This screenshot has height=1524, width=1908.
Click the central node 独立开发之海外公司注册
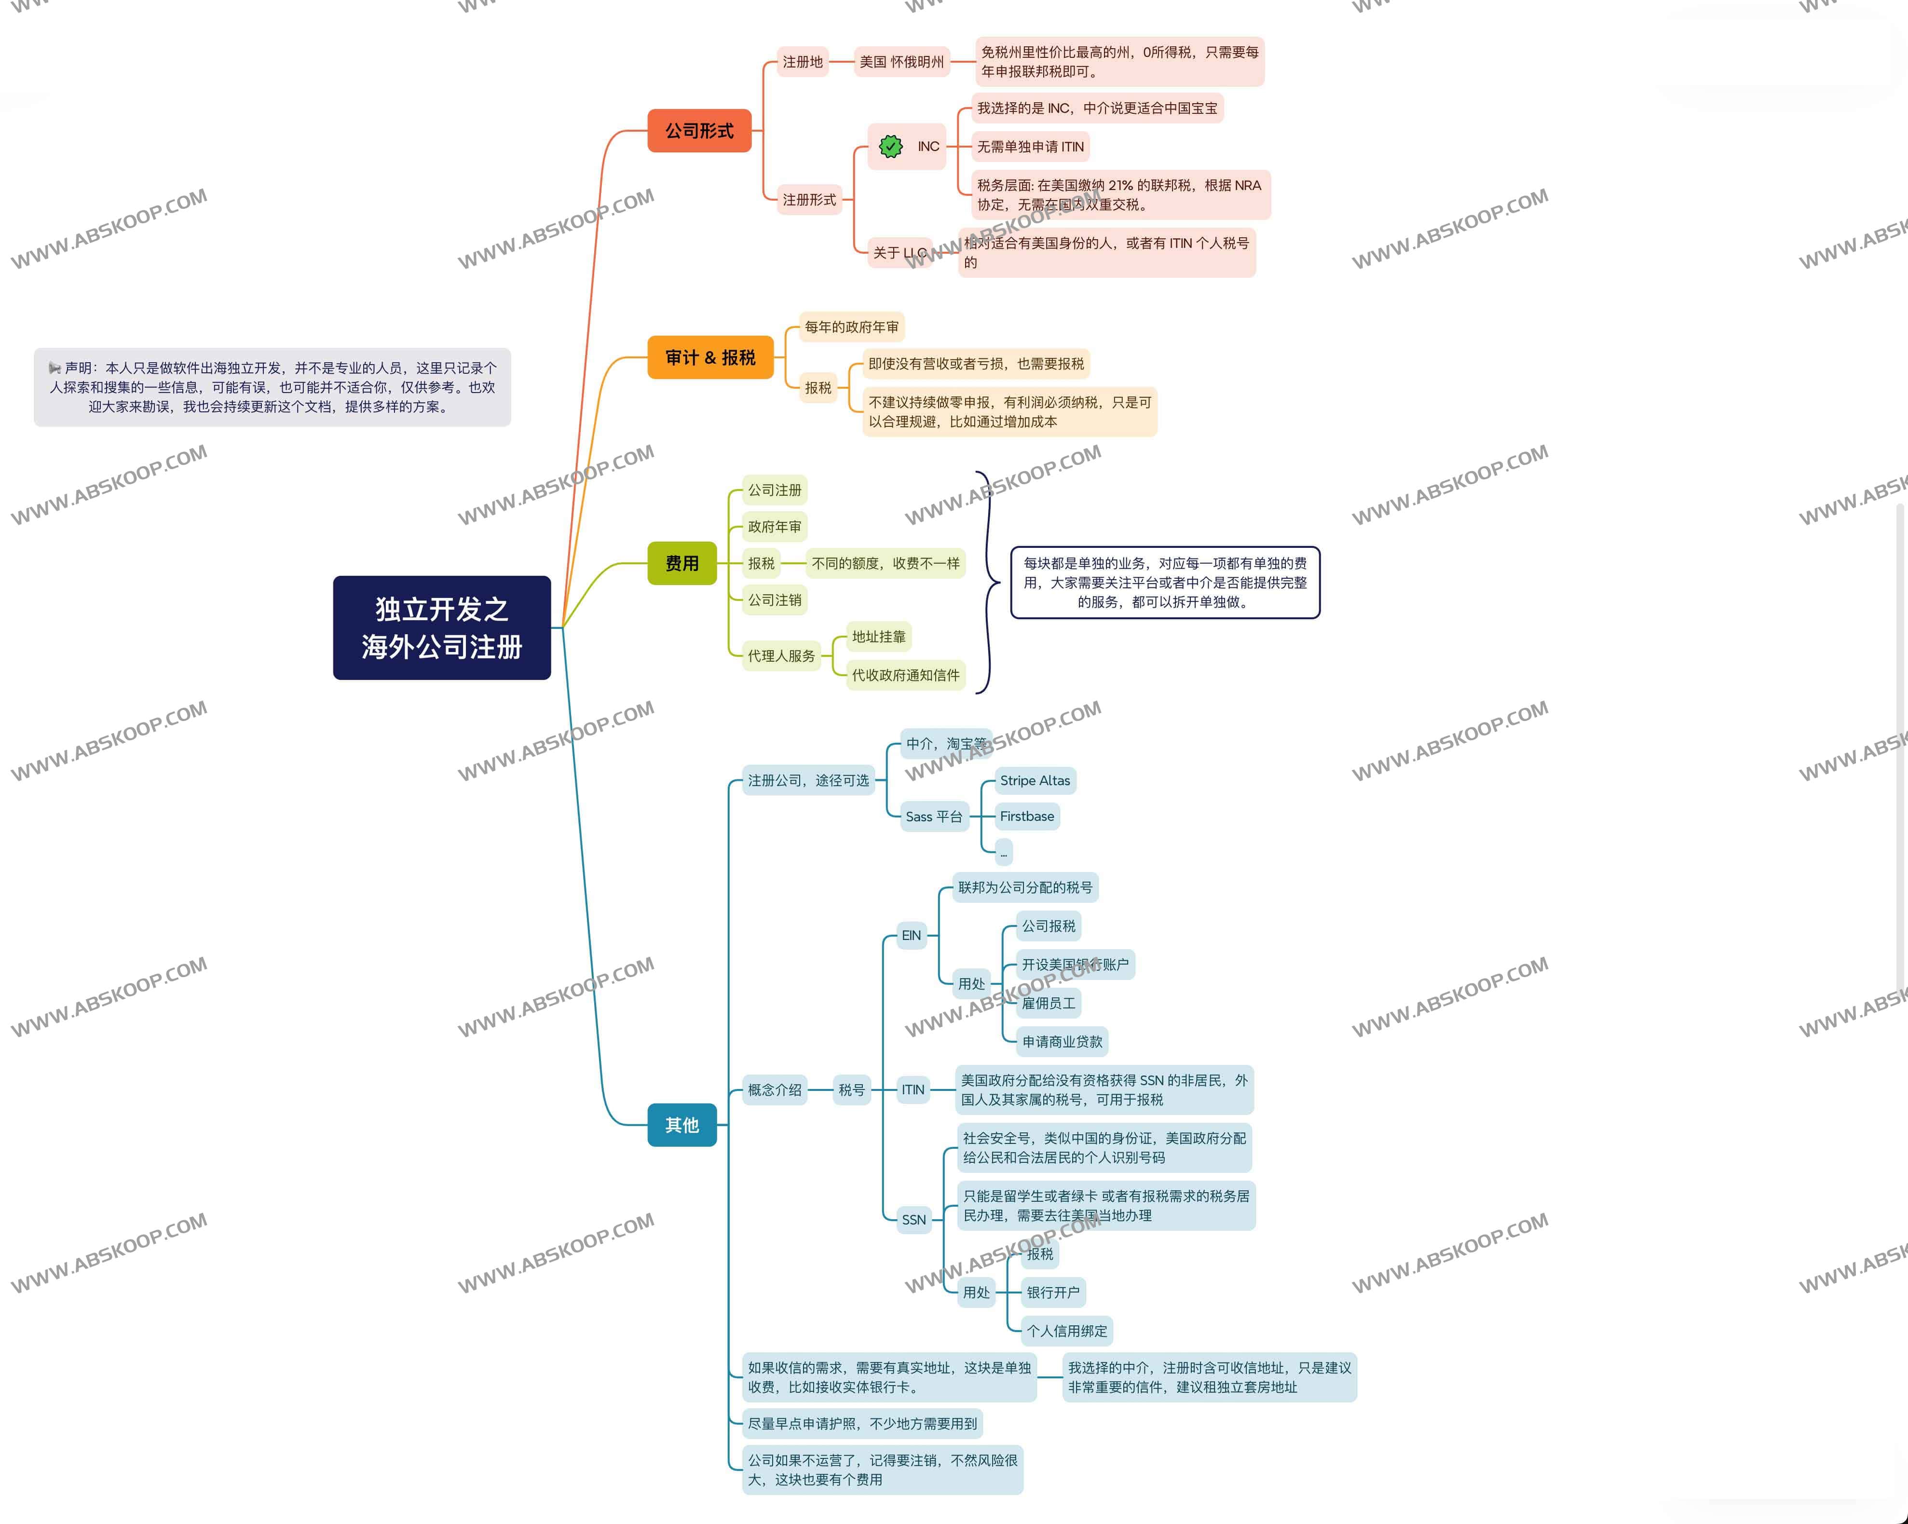[442, 627]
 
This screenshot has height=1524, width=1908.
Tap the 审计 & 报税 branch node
[710, 357]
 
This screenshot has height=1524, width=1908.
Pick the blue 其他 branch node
[681, 1125]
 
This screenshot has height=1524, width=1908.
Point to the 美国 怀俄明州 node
[901, 62]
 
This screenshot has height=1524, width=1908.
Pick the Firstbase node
[1026, 816]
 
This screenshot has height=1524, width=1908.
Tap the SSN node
[913, 1220]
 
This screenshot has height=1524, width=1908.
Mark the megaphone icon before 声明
[55, 368]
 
